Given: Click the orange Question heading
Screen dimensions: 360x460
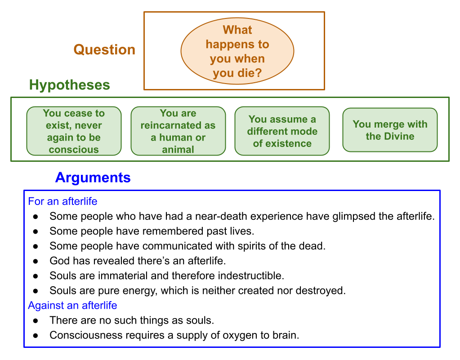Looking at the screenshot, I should coord(104,49).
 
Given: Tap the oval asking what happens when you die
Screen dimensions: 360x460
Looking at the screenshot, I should coord(237,51).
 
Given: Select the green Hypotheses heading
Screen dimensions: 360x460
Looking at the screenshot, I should coord(69,85).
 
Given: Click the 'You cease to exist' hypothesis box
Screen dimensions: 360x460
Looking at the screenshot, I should coord(74,131).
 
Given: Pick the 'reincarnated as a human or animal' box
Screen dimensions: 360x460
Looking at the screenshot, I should coord(178,131).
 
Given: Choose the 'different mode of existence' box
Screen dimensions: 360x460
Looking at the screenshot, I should coord(282,131).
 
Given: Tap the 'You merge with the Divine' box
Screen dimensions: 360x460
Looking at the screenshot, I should coord(390,130).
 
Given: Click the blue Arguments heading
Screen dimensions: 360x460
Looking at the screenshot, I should coord(93,178).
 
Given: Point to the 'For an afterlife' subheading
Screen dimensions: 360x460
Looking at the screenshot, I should coord(63,201).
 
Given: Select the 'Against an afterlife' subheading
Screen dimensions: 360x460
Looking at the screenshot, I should coord(72,306).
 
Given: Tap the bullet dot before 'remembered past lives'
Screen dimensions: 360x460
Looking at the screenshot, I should coord(36,231).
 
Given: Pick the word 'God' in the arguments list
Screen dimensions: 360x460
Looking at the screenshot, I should coord(59,261).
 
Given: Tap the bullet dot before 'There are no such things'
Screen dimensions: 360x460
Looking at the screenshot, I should coord(36,321).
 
